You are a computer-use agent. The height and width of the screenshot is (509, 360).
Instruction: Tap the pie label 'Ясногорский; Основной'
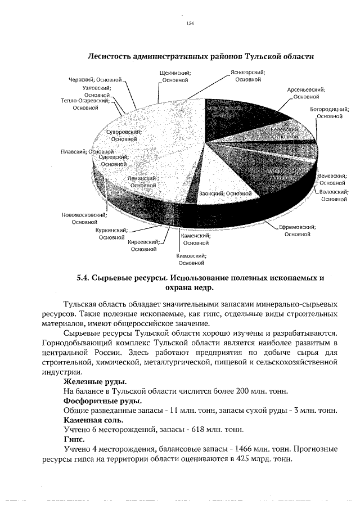pos(248,76)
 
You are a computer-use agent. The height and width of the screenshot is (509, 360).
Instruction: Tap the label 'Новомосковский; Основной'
pos(84,218)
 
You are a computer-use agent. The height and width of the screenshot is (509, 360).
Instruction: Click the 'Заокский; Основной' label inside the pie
pos(224,193)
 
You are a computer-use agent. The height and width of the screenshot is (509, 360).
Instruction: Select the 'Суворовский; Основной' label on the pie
pos(123,135)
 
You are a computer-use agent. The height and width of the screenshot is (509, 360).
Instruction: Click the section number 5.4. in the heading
pos(83,278)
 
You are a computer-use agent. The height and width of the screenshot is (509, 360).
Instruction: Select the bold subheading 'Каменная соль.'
pos(93,420)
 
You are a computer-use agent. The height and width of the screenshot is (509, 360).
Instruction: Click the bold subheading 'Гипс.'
pos(74,439)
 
